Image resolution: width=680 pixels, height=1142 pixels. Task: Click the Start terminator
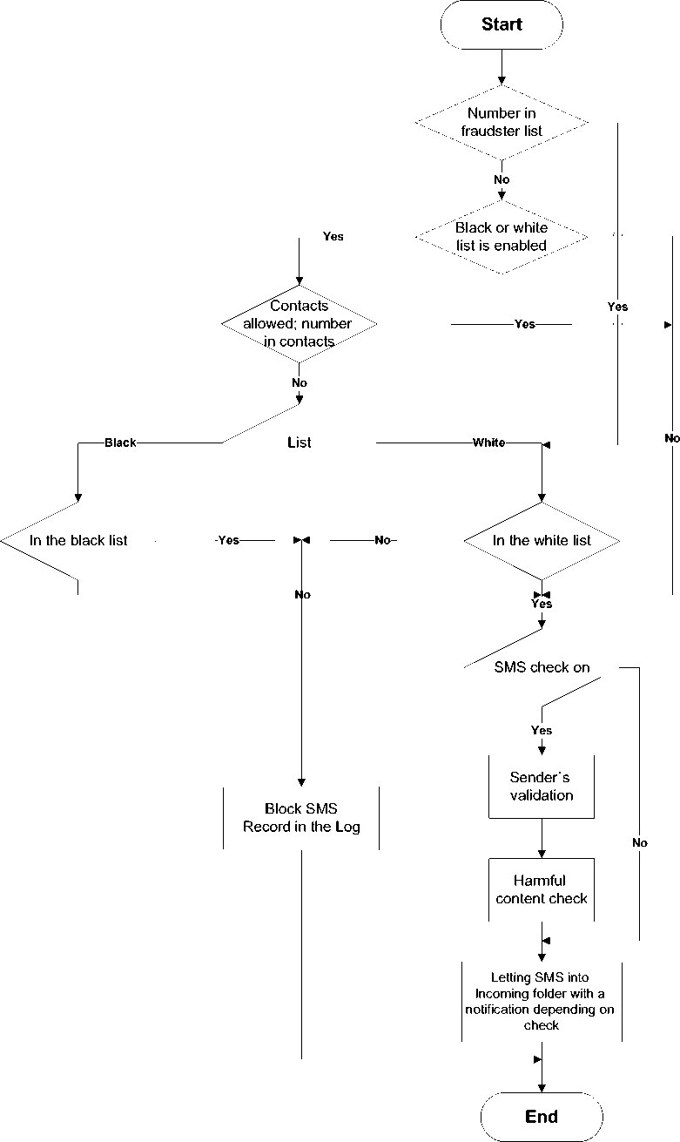(x=502, y=24)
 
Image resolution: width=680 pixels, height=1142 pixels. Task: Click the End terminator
(x=542, y=1117)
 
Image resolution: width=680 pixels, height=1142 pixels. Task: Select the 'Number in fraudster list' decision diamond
(x=503, y=122)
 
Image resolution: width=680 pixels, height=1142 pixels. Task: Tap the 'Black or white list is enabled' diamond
(x=502, y=237)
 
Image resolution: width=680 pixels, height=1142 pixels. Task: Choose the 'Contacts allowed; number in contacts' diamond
(x=299, y=324)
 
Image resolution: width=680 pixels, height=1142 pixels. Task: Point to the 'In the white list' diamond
(x=542, y=541)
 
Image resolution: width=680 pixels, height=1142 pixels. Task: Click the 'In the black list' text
(x=78, y=541)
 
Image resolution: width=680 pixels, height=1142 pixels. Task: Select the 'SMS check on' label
(x=542, y=668)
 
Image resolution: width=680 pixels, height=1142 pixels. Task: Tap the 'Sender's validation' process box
(x=542, y=786)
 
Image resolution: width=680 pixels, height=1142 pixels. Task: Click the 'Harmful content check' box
(x=542, y=889)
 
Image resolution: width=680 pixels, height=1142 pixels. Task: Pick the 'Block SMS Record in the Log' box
(x=301, y=817)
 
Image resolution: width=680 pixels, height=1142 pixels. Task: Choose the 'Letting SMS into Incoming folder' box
(x=542, y=1002)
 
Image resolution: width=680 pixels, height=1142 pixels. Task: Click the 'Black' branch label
(x=120, y=443)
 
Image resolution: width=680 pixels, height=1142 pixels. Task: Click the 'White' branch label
(x=488, y=443)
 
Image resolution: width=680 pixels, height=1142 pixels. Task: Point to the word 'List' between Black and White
(x=299, y=443)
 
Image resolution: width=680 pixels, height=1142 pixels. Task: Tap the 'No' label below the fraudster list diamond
(x=502, y=179)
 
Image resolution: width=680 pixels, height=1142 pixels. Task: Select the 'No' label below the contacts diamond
(x=300, y=382)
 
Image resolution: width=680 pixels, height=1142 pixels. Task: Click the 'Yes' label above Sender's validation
(x=542, y=730)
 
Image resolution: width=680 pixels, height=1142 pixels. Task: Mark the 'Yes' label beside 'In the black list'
(x=228, y=541)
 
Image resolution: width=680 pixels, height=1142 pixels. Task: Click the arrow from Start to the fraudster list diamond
(x=502, y=67)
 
